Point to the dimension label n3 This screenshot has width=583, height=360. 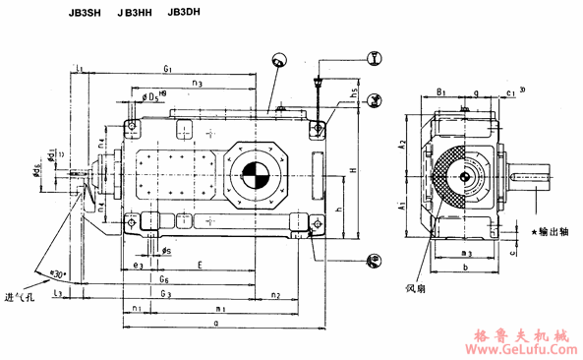pos(198,85)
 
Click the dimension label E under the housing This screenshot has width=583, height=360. pos(199,266)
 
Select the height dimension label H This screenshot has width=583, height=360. pos(351,169)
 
